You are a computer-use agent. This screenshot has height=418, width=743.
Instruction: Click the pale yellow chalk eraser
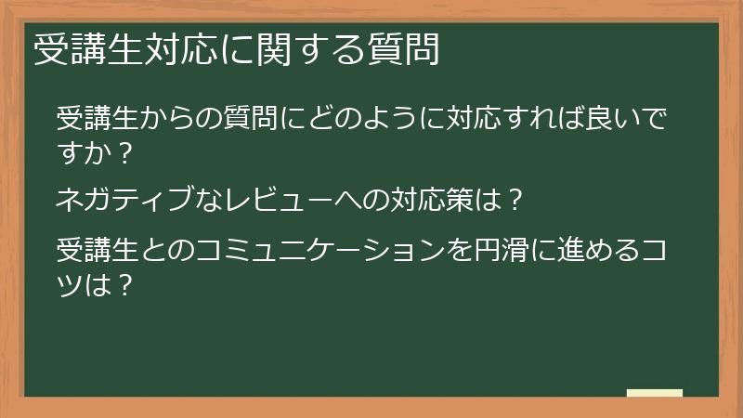[654, 394]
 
